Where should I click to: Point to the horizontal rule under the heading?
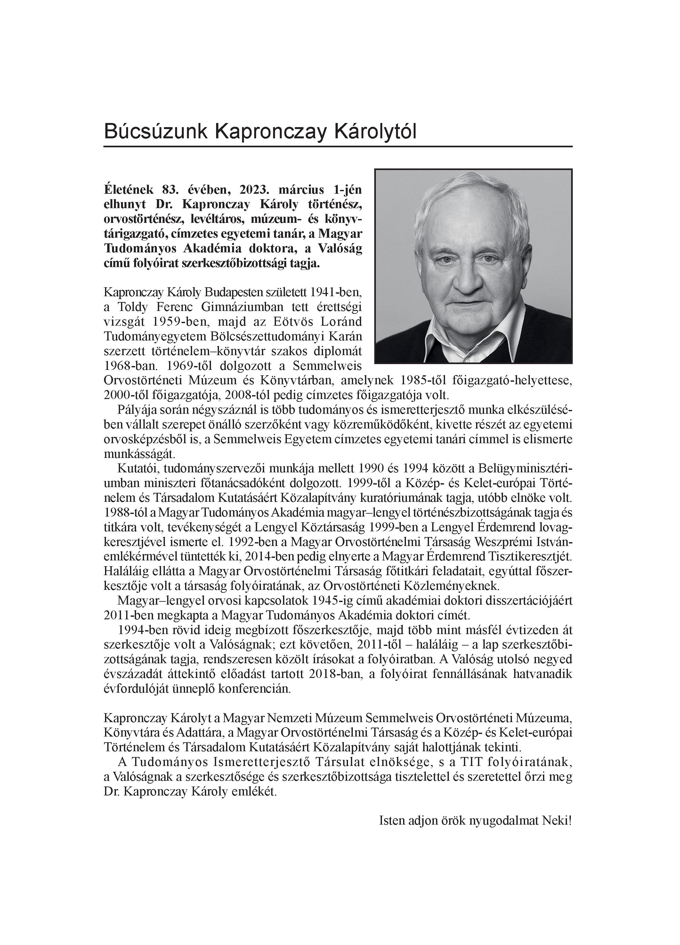click(x=337, y=147)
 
